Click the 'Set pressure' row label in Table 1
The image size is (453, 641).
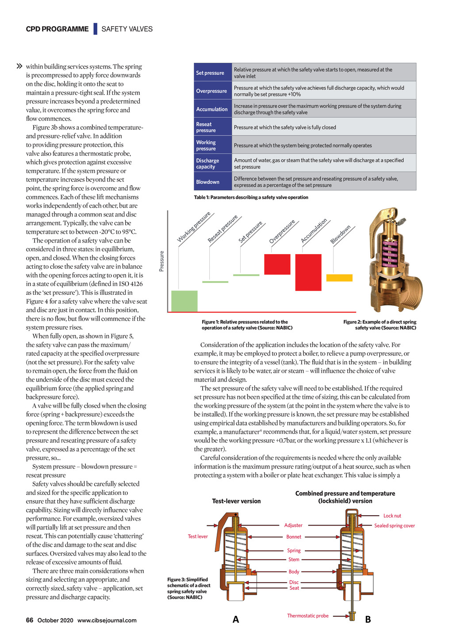click(210, 73)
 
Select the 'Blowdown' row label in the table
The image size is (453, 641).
click(207, 182)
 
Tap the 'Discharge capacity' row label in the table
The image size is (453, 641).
click(207, 164)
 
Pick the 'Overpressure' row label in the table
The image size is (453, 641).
click(211, 91)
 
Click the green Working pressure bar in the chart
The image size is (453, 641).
click(184, 301)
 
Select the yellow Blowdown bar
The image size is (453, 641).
click(339, 278)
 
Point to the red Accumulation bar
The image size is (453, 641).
click(308, 272)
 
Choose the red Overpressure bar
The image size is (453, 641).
click(277, 264)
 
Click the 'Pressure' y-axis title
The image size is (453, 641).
click(162, 261)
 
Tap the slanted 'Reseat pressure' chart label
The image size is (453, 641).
click(223, 229)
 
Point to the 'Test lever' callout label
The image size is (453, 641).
click(198, 537)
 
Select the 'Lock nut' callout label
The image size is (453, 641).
click(392, 516)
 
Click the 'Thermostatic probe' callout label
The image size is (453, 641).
click(308, 616)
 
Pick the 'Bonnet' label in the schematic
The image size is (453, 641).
click(294, 537)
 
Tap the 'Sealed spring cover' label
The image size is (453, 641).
click(395, 526)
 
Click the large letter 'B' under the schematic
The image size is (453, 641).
click(368, 620)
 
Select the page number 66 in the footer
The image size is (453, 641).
click(30, 620)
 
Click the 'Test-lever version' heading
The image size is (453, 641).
click(236, 501)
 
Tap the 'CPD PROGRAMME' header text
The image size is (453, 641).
click(57, 29)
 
